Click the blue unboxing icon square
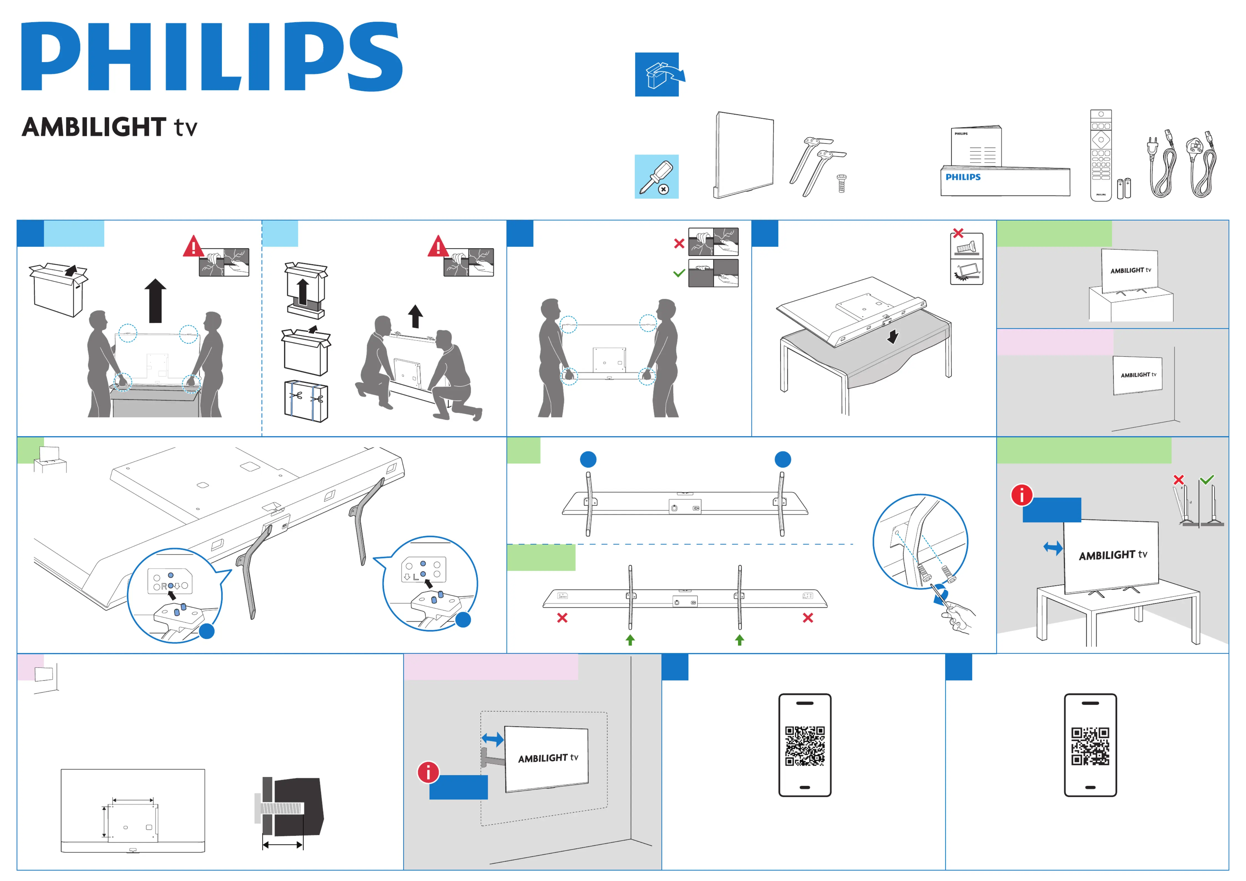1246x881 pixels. coord(657,74)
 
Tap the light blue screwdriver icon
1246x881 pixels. coord(657,176)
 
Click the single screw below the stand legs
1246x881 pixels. coord(841,183)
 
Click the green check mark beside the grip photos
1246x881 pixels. coord(678,273)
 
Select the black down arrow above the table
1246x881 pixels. coord(892,337)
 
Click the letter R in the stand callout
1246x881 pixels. coord(164,586)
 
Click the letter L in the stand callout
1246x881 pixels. coord(416,577)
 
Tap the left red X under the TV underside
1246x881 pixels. coord(562,618)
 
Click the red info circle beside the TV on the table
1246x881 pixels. coord(1021,494)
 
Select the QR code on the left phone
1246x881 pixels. coord(805,746)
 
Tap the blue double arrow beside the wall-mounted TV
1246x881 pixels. coord(492,739)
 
